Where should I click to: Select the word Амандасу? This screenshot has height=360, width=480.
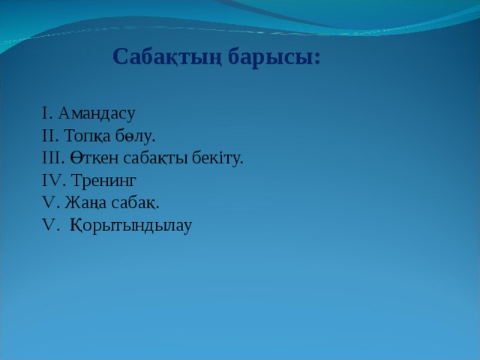pyautogui.click(x=97, y=113)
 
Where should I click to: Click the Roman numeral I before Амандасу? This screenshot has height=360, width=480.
pyautogui.click(x=45, y=113)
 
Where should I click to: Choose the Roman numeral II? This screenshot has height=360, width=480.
pyautogui.click(x=49, y=136)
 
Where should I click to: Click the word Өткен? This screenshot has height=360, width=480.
pyautogui.click(x=94, y=158)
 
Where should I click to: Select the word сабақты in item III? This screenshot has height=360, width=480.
pyautogui.click(x=155, y=158)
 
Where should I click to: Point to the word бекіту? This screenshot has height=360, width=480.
pyautogui.click(x=215, y=158)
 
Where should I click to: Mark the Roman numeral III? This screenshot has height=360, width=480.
pyautogui.click(x=52, y=158)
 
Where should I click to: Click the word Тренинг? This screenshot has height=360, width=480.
pyautogui.click(x=103, y=180)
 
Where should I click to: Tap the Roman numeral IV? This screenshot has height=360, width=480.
pyautogui.click(x=52, y=180)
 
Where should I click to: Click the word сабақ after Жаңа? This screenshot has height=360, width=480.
pyautogui.click(x=133, y=202)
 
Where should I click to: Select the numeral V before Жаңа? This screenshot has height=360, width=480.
pyautogui.click(x=48, y=202)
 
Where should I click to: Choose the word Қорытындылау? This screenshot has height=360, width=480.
pyautogui.click(x=131, y=226)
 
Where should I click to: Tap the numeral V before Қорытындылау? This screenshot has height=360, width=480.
pyautogui.click(x=48, y=225)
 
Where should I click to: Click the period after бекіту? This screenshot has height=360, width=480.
pyautogui.click(x=241, y=163)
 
